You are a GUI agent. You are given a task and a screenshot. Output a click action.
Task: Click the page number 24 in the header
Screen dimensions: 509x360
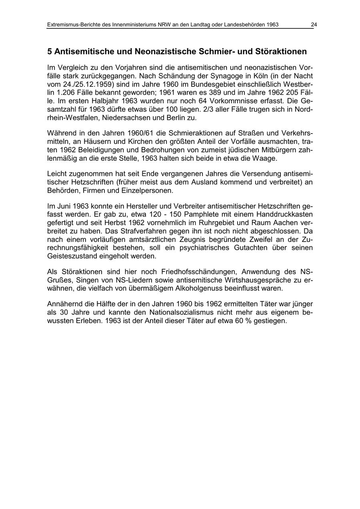coord(314,25)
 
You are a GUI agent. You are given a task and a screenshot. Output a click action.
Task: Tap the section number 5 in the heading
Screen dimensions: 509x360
coord(50,52)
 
